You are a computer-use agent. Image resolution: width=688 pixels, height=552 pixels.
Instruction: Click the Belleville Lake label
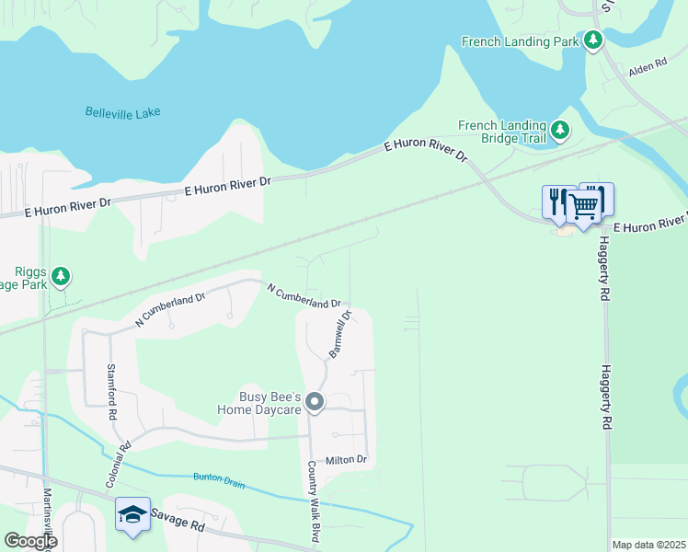(x=122, y=112)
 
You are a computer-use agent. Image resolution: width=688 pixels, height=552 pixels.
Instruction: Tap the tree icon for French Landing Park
(x=594, y=40)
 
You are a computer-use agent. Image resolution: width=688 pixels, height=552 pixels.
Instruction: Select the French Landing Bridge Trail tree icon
(x=559, y=131)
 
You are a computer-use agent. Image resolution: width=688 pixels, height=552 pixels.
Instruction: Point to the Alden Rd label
(x=647, y=68)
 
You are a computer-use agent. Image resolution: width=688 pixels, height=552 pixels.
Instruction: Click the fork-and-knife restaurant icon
(x=558, y=202)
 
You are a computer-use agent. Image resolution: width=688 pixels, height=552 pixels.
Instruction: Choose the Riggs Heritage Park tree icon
(x=61, y=275)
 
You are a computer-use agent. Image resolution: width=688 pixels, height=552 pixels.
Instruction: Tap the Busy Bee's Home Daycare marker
(x=315, y=401)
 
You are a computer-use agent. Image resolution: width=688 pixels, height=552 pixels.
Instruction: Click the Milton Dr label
(x=350, y=460)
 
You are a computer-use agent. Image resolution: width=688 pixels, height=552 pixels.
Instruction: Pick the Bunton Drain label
(x=219, y=479)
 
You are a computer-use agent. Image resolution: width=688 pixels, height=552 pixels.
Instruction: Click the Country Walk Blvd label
(x=314, y=500)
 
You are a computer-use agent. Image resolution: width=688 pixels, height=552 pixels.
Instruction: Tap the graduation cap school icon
(x=132, y=513)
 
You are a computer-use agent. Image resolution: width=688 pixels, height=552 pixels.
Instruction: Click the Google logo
(x=29, y=542)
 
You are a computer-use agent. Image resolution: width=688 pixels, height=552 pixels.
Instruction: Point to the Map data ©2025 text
(x=648, y=545)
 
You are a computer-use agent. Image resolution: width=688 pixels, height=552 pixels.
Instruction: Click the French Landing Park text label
(x=520, y=41)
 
